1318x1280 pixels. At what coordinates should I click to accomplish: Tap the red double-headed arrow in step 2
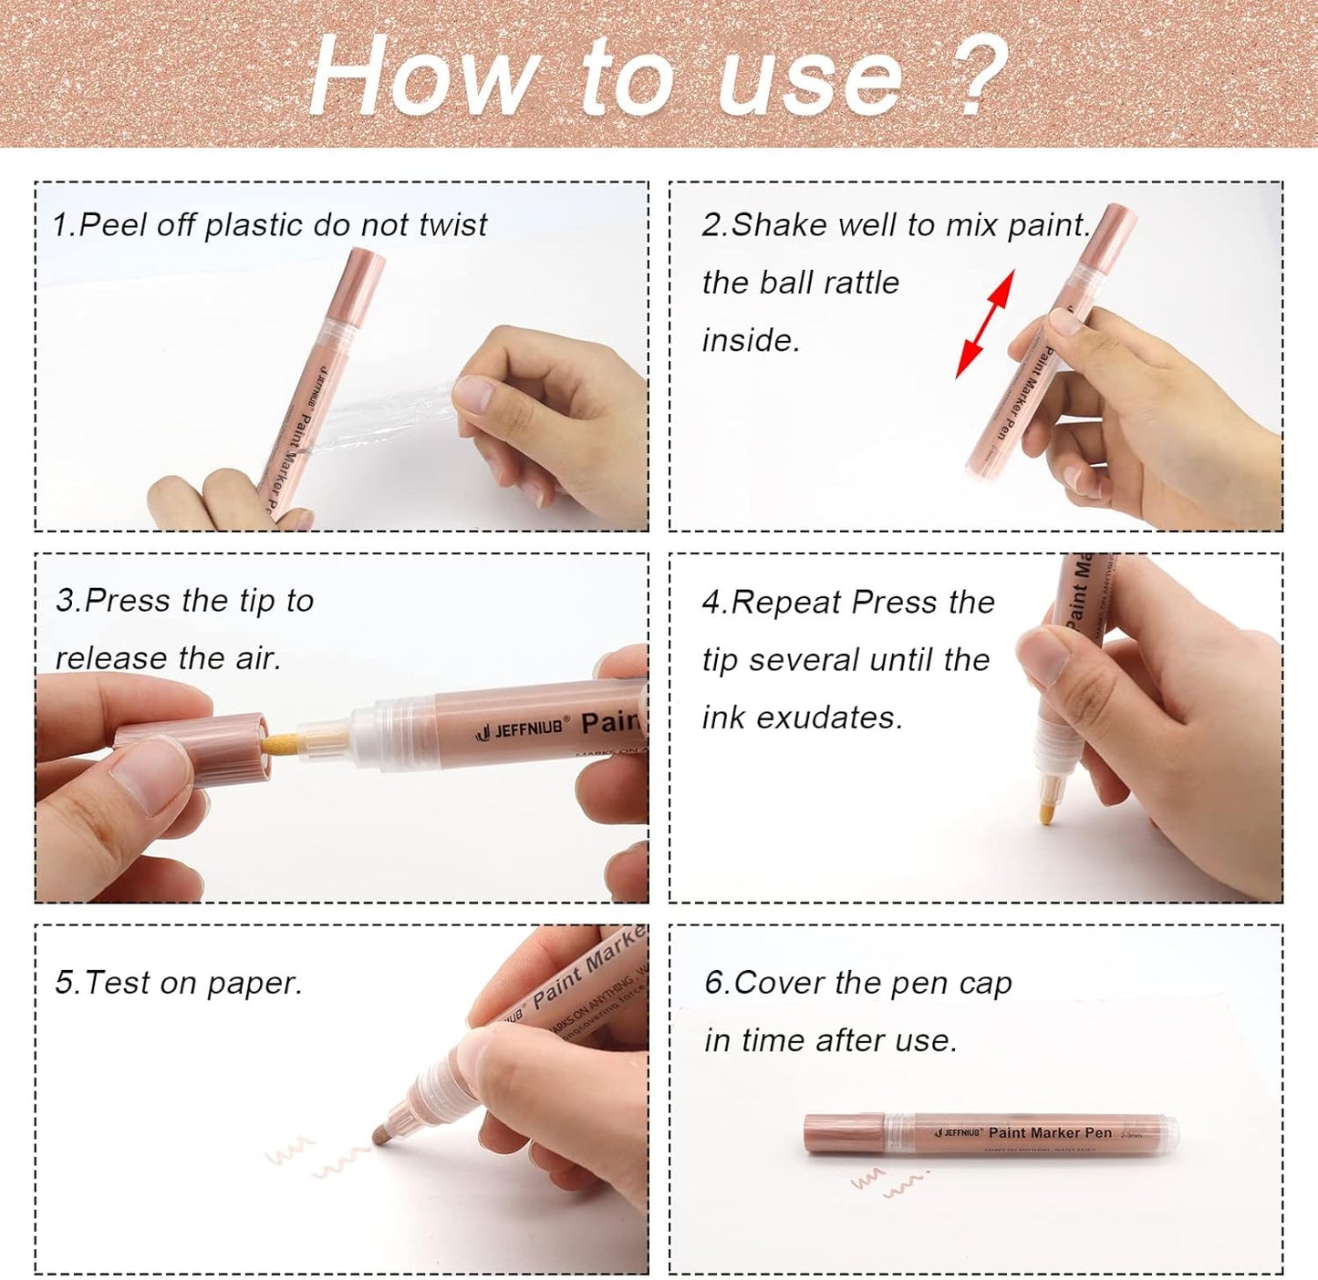click(x=985, y=324)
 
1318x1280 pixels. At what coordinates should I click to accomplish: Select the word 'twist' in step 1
click(x=452, y=224)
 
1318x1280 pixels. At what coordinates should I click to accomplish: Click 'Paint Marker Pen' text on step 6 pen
click(x=1050, y=1132)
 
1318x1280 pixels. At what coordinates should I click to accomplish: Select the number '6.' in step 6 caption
click(x=717, y=983)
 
